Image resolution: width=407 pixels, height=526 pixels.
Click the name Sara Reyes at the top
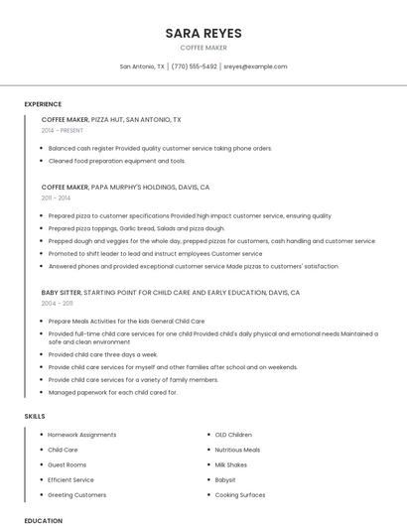click(x=203, y=33)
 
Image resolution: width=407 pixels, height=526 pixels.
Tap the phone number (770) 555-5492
click(x=194, y=66)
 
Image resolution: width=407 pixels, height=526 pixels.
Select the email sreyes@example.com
click(x=255, y=66)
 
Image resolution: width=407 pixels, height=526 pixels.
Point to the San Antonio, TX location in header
click(x=143, y=66)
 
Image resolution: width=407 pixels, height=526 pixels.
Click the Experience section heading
click(x=43, y=104)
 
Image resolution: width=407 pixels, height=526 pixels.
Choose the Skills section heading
click(x=36, y=416)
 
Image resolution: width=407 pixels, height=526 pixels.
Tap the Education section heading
click(x=43, y=520)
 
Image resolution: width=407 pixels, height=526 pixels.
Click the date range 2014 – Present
click(x=64, y=130)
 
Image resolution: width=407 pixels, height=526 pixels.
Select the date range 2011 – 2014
click(x=56, y=197)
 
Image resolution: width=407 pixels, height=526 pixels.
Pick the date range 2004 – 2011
click(x=57, y=304)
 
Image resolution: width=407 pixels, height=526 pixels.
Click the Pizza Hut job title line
click(x=111, y=119)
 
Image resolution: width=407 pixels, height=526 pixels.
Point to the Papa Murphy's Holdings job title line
click(x=125, y=187)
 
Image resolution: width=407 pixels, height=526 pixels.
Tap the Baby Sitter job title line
click(x=170, y=293)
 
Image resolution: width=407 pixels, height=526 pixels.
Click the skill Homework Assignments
click(x=82, y=435)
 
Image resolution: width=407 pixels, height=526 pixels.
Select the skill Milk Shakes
click(x=231, y=464)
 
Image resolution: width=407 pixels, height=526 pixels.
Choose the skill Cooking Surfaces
click(x=240, y=494)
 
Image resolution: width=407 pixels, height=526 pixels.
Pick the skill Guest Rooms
click(x=68, y=464)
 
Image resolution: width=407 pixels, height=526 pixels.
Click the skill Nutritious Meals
click(x=238, y=450)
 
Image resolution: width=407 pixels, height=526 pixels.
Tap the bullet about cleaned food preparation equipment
click(x=117, y=160)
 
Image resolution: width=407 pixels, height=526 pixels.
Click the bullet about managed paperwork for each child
click(x=113, y=392)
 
